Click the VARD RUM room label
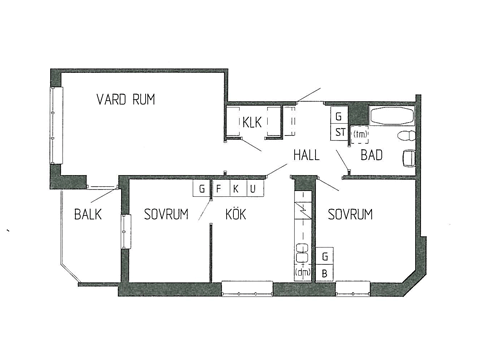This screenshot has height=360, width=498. [x=126, y=99]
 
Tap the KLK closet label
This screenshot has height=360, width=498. [x=252, y=122]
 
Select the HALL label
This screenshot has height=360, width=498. [x=306, y=155]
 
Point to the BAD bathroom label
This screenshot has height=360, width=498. [x=371, y=155]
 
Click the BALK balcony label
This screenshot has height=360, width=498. [x=88, y=214]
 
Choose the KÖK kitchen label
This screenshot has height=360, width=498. [x=236, y=213]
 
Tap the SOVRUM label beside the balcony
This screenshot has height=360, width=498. [x=166, y=214]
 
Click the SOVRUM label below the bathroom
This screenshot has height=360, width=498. [x=350, y=214]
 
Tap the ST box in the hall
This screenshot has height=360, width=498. [x=340, y=132]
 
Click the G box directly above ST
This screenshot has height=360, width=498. [x=339, y=116]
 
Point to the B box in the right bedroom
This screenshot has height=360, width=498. [x=325, y=274]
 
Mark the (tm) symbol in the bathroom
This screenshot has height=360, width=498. [x=360, y=135]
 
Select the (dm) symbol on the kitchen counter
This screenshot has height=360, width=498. [x=303, y=273]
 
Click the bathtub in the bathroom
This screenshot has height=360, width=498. [x=392, y=116]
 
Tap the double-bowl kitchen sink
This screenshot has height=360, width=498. [x=303, y=253]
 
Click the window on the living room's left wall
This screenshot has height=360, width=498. [x=56, y=125]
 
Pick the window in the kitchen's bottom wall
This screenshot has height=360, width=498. [x=247, y=289]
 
